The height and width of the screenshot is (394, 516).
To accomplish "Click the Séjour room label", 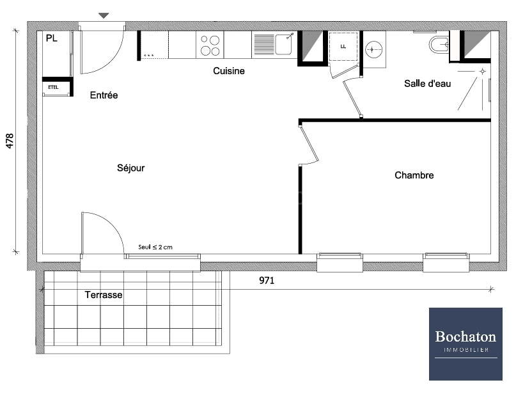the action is click(130, 168).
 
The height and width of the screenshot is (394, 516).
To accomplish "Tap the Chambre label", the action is click(414, 175).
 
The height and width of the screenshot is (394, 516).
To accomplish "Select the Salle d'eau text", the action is click(427, 84).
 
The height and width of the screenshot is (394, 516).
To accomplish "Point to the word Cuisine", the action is click(229, 71).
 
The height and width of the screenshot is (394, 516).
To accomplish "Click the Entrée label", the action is click(104, 95).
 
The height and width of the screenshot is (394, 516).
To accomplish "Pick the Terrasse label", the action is click(104, 295).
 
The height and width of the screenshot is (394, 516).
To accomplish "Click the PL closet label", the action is click(52, 38).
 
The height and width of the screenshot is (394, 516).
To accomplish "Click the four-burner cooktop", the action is click(210, 45).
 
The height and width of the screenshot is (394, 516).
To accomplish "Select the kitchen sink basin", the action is click(284, 44).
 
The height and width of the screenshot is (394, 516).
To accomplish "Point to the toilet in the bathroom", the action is click(439, 45).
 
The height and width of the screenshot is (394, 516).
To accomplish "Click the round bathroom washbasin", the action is click(374, 50).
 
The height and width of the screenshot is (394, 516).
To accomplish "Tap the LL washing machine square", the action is click(343, 47).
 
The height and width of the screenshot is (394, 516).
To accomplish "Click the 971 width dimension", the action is click(267, 280).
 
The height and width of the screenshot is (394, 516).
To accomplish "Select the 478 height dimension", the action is click(10, 141).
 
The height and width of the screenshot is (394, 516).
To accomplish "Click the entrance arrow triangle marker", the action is click(104, 15).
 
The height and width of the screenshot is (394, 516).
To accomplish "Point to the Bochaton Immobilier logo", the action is click(465, 344).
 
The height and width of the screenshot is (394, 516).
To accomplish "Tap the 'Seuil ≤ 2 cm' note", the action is click(155, 247).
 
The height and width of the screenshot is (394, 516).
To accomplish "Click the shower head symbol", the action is click(483, 72).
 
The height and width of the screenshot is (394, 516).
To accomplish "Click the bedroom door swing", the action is click(309, 145).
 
